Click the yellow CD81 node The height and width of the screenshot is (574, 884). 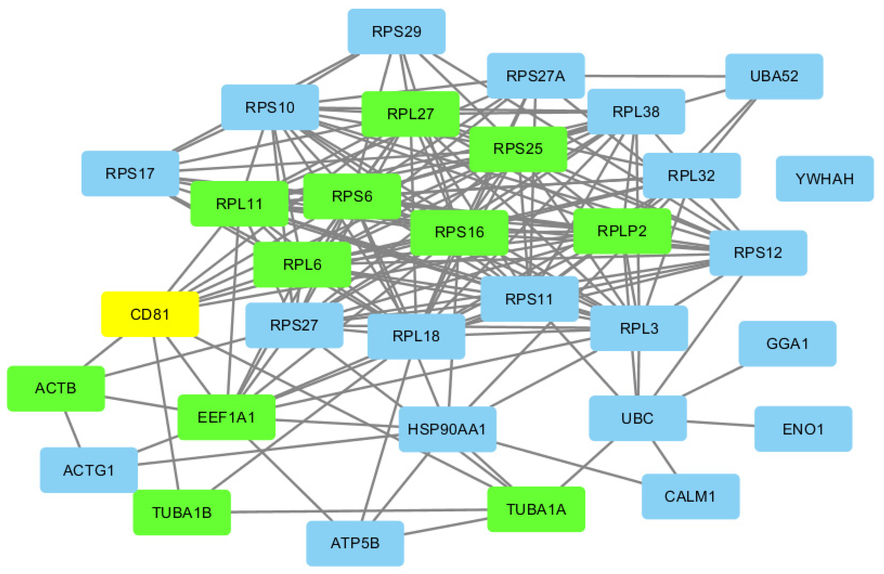150,314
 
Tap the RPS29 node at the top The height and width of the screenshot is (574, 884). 396,31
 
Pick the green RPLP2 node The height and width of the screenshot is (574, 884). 622,231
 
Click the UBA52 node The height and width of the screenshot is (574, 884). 774,76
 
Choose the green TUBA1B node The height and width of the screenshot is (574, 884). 182,512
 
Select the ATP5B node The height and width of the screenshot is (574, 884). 355,543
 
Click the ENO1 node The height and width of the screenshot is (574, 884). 803,429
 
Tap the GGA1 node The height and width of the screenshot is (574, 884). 787,344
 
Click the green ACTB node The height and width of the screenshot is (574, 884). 56,388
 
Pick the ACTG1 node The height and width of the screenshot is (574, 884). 88,470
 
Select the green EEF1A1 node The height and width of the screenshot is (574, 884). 226,417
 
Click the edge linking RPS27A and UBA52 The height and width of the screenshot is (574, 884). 654,76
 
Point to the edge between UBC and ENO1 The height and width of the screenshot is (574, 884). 721,424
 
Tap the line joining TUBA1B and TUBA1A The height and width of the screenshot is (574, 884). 356,511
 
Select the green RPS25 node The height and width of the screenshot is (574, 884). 518,149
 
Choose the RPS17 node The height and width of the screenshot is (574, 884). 130,174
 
